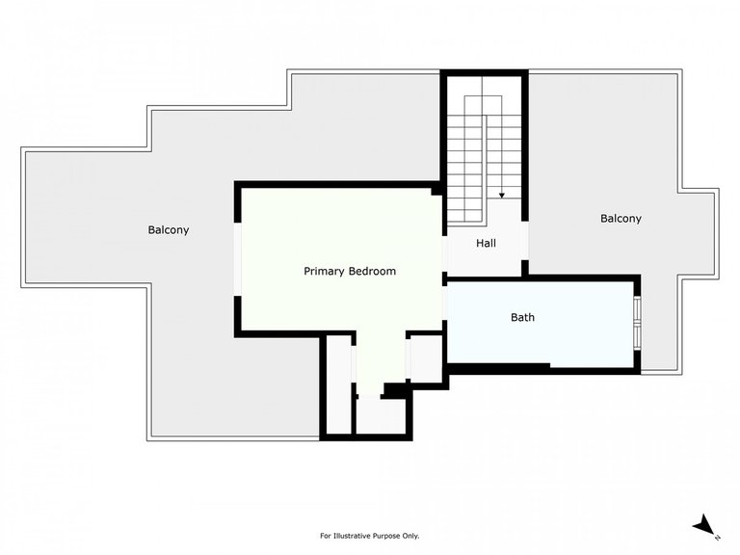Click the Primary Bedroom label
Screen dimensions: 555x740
pos(349,272)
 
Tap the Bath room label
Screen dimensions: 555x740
pos(522,317)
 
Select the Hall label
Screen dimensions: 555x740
pos(486,244)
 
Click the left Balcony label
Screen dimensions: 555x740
pos(169,230)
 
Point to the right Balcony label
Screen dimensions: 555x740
pos(621,219)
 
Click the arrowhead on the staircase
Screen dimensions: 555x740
pos(502,195)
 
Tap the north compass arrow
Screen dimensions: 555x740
pos(704,524)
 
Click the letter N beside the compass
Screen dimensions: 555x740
pos(718,536)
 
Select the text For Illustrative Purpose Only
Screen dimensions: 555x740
pos(369,536)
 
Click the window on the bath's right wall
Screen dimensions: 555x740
pos(637,323)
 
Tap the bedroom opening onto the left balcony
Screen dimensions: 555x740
pos(238,260)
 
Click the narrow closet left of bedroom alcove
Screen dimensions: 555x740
pos(338,385)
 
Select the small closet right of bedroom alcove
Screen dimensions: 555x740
pos(425,358)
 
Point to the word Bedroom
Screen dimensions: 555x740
pos(372,272)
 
